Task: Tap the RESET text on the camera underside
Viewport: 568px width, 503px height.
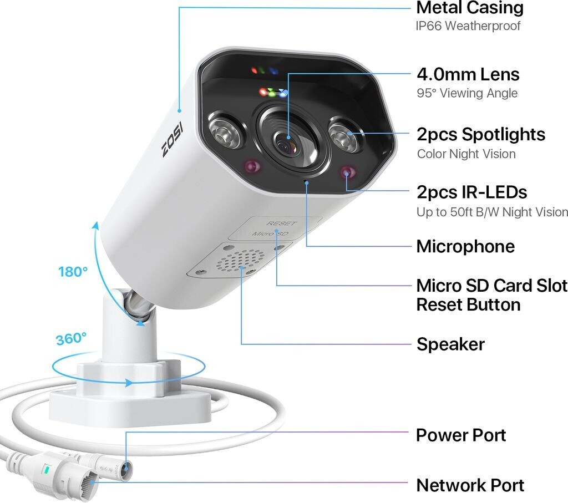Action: coord(281,223)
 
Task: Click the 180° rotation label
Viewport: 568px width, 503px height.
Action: coord(73,272)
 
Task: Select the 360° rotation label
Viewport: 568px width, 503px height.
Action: coord(71,338)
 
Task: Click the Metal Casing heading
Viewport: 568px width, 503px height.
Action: coord(469,8)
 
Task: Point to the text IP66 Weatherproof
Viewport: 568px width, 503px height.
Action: coord(468,26)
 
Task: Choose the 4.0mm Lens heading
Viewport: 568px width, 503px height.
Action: coord(468,74)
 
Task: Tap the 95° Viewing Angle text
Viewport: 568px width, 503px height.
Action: coord(467,93)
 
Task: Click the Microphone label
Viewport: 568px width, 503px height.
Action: coord(465,246)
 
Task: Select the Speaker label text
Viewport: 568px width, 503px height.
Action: coord(450,344)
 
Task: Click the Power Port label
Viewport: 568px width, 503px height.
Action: coord(461,435)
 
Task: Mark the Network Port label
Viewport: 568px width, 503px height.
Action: coord(470,485)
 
